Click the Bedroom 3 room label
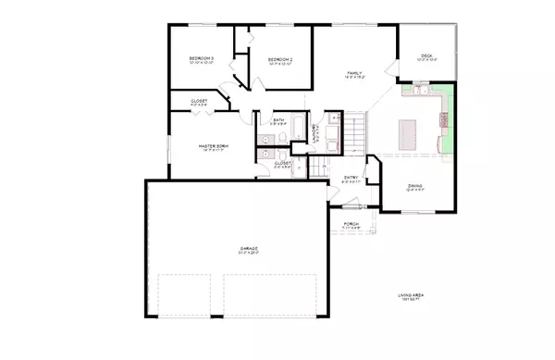[201, 58]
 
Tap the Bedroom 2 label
[280, 59]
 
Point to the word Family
[353, 71]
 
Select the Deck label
[426, 56]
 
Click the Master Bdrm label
[214, 146]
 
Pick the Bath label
[278, 120]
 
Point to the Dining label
[415, 186]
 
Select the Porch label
[351, 223]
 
